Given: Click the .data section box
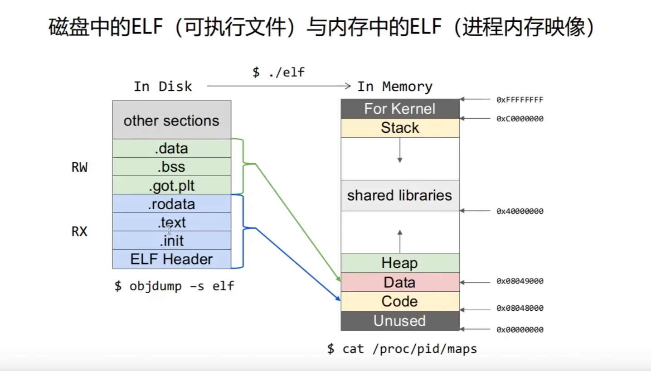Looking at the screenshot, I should pyautogui.click(x=171, y=148).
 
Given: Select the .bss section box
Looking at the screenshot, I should pyautogui.click(x=171, y=167).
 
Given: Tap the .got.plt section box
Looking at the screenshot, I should pyautogui.click(x=171, y=185).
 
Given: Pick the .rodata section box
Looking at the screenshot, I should pyautogui.click(x=171, y=204).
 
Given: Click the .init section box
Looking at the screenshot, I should pyautogui.click(x=171, y=241).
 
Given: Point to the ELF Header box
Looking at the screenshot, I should pyautogui.click(x=171, y=259).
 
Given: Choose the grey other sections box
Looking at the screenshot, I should pyautogui.click(x=171, y=120).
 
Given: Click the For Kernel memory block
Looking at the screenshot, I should pyautogui.click(x=400, y=109).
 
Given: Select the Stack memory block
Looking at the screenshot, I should pyautogui.click(x=400, y=128).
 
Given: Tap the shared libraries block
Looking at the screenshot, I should pyautogui.click(x=400, y=195).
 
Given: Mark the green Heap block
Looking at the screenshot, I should pyautogui.click(x=400, y=263).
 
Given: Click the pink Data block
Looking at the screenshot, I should pyautogui.click(x=400, y=282).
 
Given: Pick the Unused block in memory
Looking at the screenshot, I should pyautogui.click(x=400, y=321).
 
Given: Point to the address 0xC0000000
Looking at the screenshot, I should pyautogui.click(x=520, y=119).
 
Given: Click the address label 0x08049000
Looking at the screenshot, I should pyautogui.click(x=520, y=281).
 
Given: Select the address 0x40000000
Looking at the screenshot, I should pyautogui.click(x=520, y=211).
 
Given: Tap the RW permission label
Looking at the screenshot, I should pyautogui.click(x=79, y=168).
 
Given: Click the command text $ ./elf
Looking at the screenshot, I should pyautogui.click(x=278, y=72).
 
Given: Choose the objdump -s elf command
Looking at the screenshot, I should pyautogui.click(x=174, y=286).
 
